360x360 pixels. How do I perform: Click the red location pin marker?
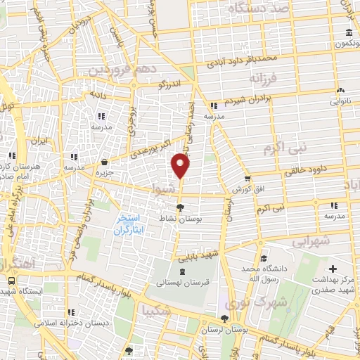coord(181,165)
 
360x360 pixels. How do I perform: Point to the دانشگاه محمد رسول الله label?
coord(262,274)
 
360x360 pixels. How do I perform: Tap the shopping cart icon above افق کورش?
coord(247,179)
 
